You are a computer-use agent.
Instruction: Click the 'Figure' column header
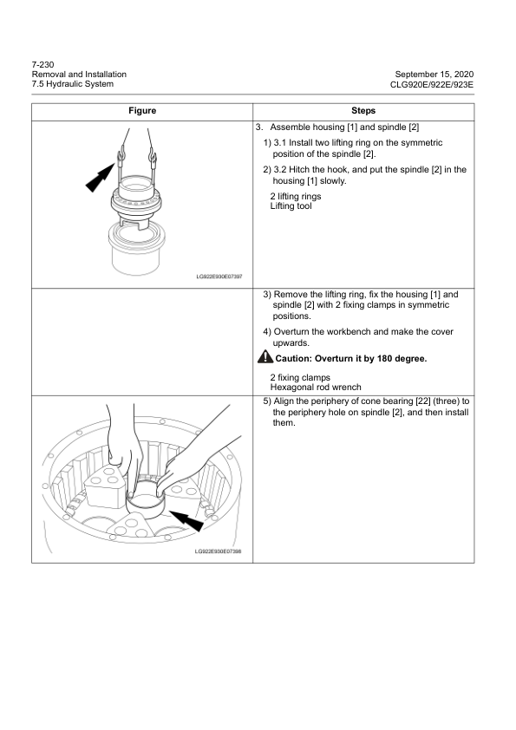point(141,111)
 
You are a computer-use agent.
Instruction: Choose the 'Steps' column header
point(363,111)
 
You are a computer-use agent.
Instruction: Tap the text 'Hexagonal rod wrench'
point(316,388)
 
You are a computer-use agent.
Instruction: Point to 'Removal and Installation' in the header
point(78,74)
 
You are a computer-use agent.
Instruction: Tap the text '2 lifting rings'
point(296,197)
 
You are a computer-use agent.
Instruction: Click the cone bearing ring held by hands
point(144,504)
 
